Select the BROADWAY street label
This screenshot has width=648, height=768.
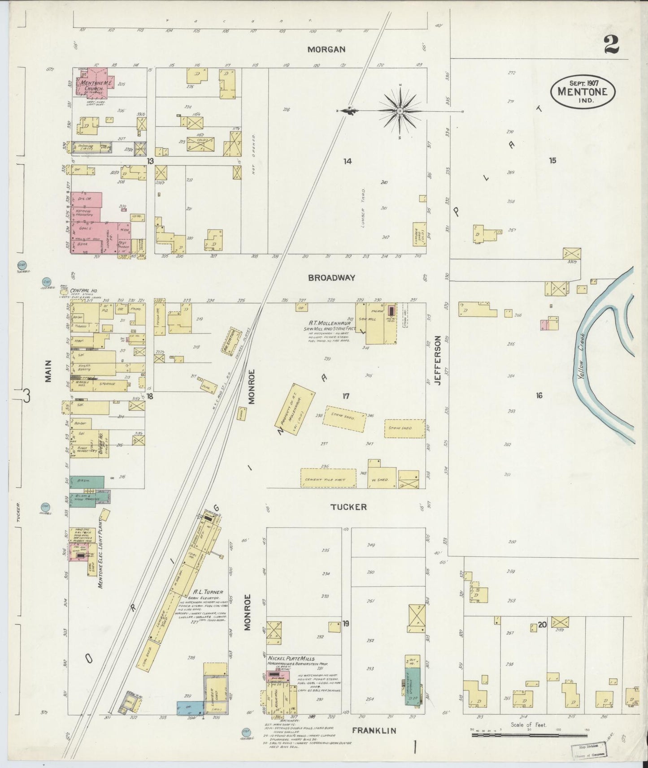point(331,278)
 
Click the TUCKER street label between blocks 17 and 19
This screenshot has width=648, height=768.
point(348,507)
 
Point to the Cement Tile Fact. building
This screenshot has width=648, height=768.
point(328,478)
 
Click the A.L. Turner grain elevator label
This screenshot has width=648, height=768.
point(206,592)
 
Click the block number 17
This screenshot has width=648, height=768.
point(345,396)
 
